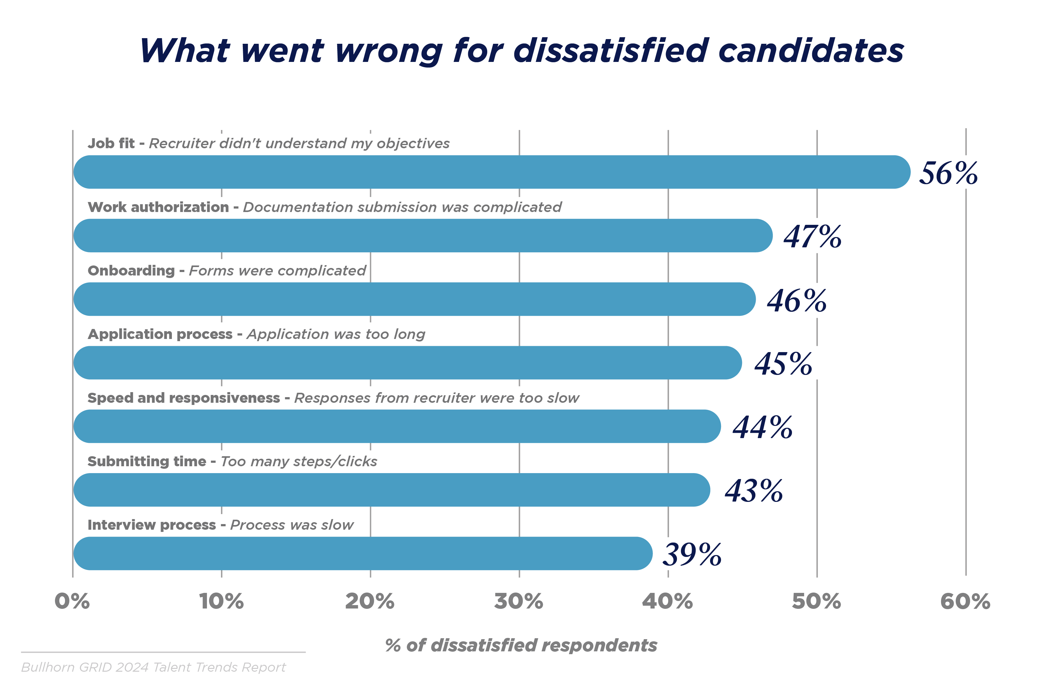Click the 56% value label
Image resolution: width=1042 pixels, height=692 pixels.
[x=948, y=173]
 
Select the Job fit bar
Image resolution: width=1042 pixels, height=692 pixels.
[x=491, y=172]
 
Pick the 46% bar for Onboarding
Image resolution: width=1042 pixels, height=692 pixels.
[x=414, y=299]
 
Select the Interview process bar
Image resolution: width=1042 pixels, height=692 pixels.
[x=363, y=553]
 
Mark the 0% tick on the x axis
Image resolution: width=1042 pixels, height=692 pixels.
[x=72, y=601]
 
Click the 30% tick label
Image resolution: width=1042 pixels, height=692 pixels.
[x=518, y=601]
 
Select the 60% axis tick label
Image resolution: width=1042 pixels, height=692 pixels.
[x=965, y=601]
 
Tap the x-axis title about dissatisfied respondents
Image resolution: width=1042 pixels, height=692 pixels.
[x=521, y=645]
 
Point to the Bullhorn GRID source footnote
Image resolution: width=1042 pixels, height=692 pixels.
[x=153, y=667]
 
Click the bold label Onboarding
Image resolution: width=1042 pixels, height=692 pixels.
[x=131, y=270]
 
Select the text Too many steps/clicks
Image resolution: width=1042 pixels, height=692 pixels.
[x=298, y=461]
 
